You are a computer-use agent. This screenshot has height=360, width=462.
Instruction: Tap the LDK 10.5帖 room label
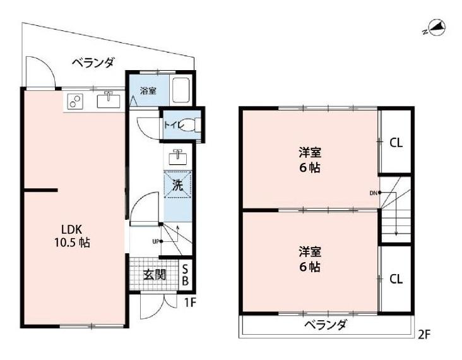coord(71,236)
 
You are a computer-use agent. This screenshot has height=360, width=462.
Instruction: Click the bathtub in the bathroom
coord(181,91)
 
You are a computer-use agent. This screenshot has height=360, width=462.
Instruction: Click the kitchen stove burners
coord(74,101)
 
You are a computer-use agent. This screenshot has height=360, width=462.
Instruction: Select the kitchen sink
coord(108,100)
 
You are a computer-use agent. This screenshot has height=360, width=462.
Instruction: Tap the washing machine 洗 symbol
coord(177,186)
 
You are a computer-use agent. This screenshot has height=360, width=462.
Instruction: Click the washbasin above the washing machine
coord(177,156)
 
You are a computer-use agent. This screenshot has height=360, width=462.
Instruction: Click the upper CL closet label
coord(396,143)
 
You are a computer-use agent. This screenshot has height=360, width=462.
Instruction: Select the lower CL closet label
coord(396,279)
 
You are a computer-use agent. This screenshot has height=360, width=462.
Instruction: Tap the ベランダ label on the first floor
coord(93,63)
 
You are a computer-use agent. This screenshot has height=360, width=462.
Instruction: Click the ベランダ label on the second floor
coord(325,325)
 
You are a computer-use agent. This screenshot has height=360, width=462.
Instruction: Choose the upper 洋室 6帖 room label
coord(309,160)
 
